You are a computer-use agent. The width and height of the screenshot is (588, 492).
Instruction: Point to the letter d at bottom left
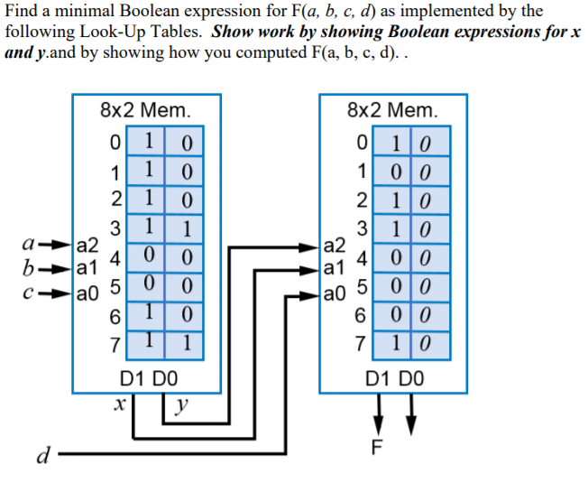point(41,454)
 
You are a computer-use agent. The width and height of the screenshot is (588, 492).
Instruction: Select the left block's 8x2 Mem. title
point(145,112)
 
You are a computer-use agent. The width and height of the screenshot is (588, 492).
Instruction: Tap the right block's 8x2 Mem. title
point(392,112)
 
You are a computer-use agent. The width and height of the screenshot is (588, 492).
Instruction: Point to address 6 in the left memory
point(115,318)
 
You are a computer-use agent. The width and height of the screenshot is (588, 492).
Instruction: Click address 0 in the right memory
point(362,142)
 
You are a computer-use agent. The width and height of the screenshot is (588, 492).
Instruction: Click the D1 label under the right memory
point(379,376)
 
